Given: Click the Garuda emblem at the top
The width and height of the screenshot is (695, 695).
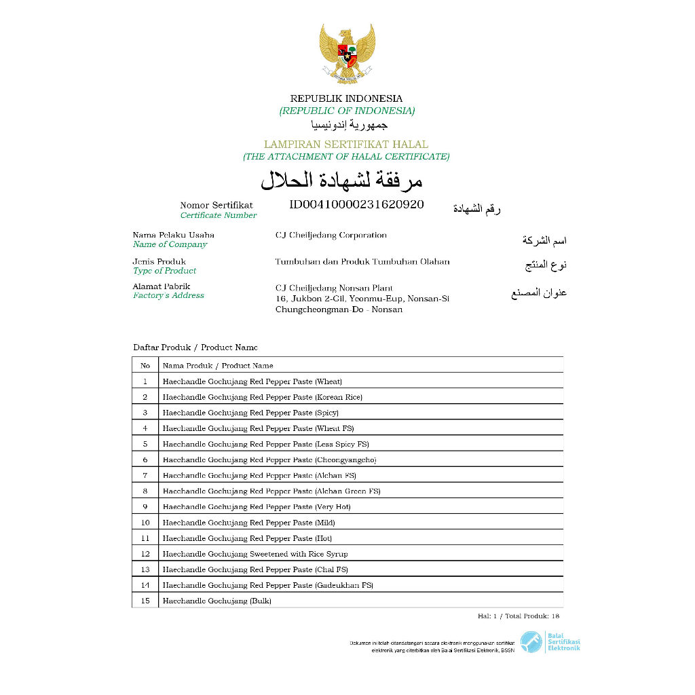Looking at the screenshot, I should click(x=347, y=54).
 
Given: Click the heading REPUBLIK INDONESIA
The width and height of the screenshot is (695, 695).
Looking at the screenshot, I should click(x=346, y=98).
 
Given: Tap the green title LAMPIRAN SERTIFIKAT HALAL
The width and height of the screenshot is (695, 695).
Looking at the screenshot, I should click(x=346, y=144).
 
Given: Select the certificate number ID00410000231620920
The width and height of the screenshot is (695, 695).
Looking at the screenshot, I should click(x=356, y=204).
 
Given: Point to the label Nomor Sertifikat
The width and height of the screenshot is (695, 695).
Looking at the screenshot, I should click(x=216, y=205).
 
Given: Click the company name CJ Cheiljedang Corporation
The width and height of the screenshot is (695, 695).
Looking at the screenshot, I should click(x=331, y=236).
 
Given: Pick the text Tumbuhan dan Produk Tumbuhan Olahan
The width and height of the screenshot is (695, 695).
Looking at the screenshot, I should click(x=362, y=261).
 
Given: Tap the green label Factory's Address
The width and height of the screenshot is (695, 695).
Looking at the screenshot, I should click(x=168, y=296).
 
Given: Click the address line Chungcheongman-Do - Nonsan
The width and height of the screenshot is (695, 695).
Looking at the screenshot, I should click(x=339, y=309).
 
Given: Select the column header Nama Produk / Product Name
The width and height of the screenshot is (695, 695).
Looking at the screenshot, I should click(x=217, y=365).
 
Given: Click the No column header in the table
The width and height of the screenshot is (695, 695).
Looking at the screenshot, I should click(x=145, y=365).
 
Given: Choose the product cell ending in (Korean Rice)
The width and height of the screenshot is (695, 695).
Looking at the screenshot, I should click(x=262, y=397).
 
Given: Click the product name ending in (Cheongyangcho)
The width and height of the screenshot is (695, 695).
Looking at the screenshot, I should click(x=269, y=459).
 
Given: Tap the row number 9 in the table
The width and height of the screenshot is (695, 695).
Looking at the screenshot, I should click(x=145, y=507).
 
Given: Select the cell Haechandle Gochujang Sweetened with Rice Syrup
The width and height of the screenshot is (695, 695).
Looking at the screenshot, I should click(x=255, y=554).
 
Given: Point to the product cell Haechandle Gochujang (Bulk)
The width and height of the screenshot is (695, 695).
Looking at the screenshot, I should click(x=217, y=601).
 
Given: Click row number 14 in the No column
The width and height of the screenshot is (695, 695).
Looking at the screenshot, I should click(x=145, y=585).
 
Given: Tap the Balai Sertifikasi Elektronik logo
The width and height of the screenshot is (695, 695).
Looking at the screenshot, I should click(x=550, y=642).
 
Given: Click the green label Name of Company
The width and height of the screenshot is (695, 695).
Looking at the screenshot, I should click(x=170, y=244).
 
